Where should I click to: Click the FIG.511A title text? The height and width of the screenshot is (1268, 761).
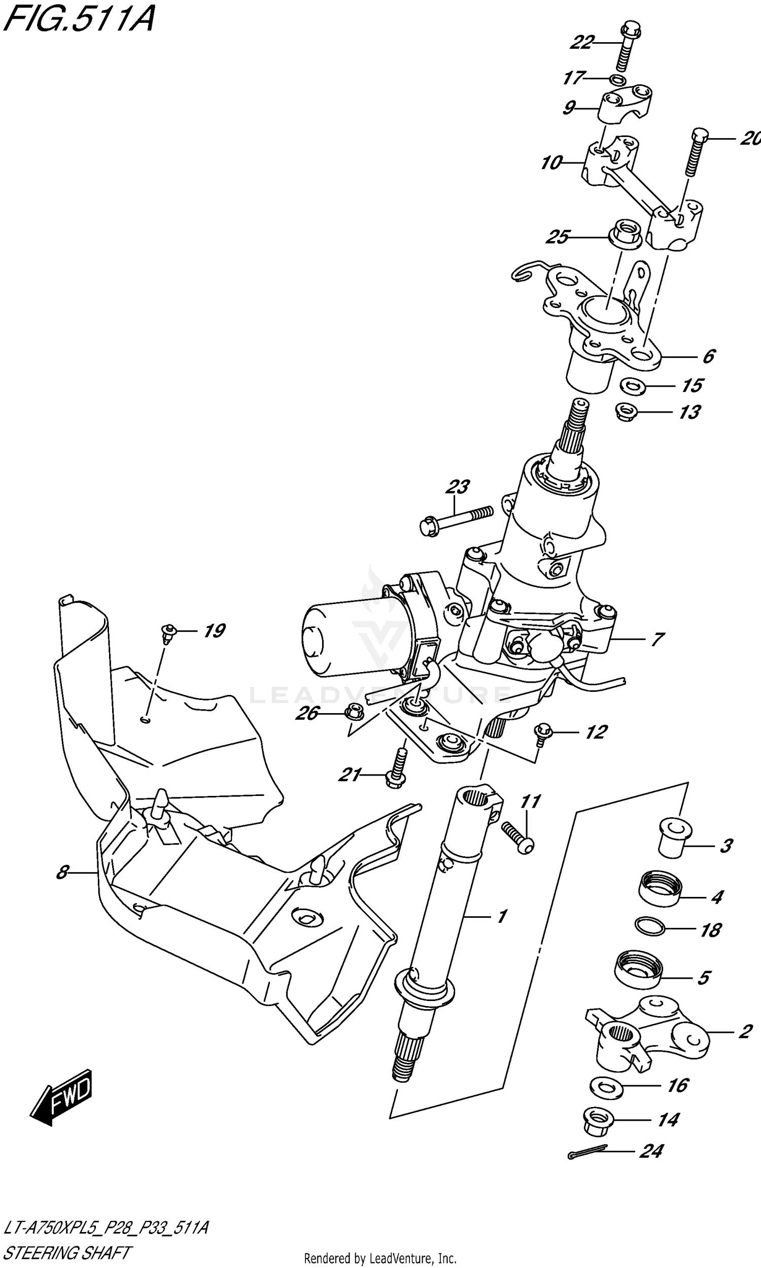coord(78,19)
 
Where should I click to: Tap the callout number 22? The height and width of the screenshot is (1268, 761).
coord(582,43)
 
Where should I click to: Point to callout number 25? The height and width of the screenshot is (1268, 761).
coord(558,237)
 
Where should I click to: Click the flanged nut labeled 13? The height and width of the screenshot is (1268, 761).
coord(626,411)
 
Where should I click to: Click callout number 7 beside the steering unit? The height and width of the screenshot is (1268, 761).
coord(658,639)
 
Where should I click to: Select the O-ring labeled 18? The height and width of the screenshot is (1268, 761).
coord(650,926)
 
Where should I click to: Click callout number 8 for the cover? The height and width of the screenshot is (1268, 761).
coord(62,872)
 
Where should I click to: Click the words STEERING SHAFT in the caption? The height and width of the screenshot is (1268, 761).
coord(66,1253)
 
